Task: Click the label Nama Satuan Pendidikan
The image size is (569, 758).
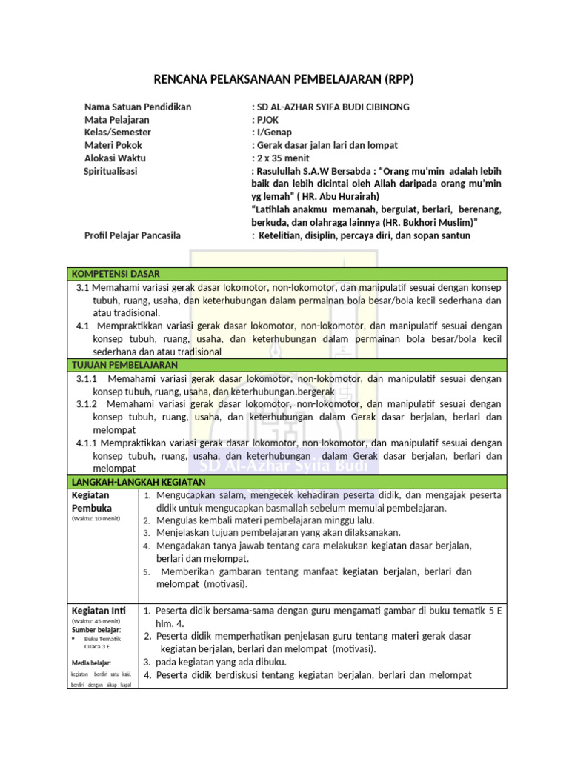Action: (138, 107)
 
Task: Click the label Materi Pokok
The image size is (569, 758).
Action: (113, 145)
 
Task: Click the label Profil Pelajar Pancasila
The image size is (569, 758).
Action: (133, 235)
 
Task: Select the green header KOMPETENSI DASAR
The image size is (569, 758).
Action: (116, 274)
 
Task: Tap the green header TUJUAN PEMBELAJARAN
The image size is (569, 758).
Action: (124, 365)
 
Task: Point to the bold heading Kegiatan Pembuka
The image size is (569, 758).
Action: (91, 501)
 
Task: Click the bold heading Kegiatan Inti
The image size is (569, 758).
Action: (99, 610)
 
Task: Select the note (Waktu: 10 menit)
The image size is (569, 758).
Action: (96, 519)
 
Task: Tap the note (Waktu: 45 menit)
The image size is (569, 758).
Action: (96, 621)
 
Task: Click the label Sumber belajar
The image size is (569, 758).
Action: (96, 630)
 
